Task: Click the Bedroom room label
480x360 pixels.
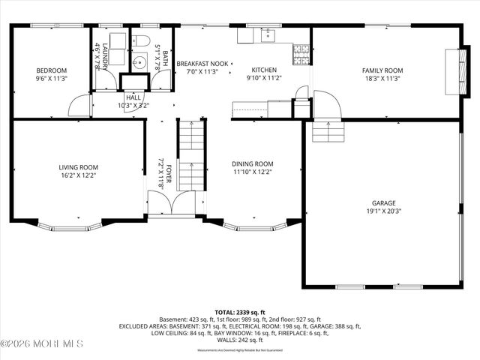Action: (52, 70)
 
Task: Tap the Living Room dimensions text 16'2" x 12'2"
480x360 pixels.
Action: (79, 175)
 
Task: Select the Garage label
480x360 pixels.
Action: (383, 203)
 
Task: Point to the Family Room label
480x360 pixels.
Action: (383, 70)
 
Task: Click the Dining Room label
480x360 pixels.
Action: (252, 163)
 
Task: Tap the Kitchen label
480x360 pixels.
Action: (263, 69)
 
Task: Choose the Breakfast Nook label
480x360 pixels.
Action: (202, 64)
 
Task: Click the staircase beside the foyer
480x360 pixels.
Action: (191, 154)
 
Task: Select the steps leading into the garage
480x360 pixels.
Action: (327, 133)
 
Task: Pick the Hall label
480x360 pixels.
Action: (133, 97)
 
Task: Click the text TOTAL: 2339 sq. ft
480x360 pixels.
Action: (239, 311)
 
